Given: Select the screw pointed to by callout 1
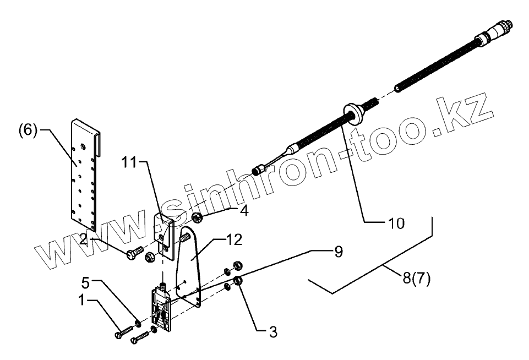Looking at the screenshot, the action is (125, 332).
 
